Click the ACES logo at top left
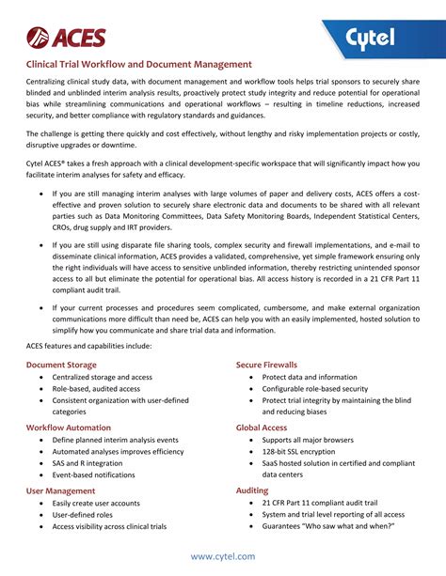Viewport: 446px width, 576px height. coord(66,38)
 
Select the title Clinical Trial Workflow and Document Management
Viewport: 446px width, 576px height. coord(138,65)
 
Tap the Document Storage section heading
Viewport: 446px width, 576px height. coord(60,364)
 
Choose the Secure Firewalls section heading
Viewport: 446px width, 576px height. coord(266,364)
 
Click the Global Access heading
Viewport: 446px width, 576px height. coord(261,427)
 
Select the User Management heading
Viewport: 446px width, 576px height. coord(60,490)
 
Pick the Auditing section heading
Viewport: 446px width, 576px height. coord(251,490)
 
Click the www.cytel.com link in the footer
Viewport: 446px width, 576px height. coord(223,556)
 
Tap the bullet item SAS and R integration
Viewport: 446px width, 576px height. coord(88,463)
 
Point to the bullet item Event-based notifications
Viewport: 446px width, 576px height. coord(94,475)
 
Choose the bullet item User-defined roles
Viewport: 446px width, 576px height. coord(82,515)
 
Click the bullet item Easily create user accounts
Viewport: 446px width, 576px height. coord(97,503)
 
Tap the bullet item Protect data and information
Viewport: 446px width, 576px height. coord(310,377)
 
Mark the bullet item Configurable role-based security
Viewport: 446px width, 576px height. coord(315,388)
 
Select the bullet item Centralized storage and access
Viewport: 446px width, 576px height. coord(102,377)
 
